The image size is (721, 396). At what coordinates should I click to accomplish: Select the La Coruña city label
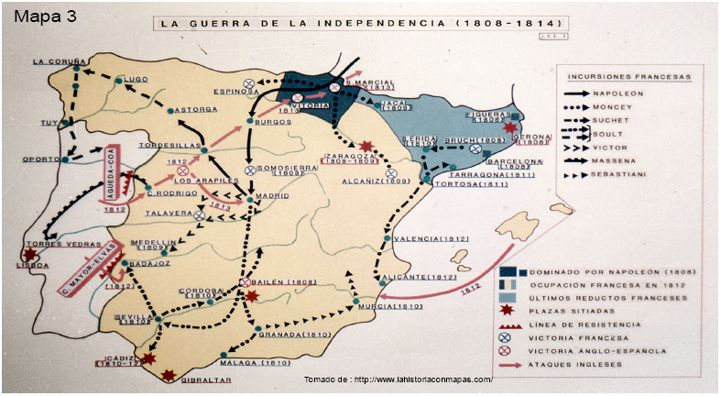(x=51, y=62)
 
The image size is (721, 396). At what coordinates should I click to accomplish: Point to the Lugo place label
(x=137, y=80)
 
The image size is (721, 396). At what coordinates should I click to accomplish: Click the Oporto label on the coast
(x=40, y=159)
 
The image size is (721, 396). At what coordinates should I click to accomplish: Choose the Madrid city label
(x=271, y=195)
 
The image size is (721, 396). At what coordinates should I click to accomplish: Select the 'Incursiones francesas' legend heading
(x=628, y=77)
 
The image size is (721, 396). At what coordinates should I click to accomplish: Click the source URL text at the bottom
(x=398, y=379)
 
